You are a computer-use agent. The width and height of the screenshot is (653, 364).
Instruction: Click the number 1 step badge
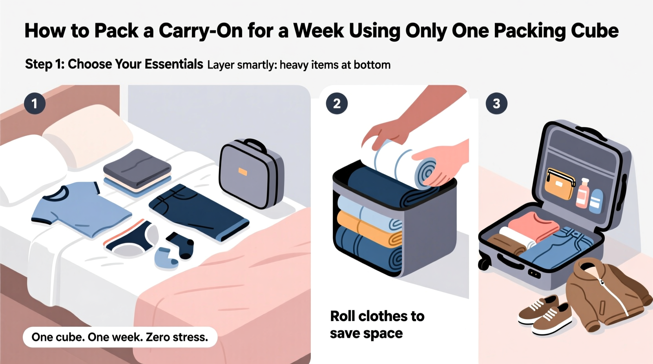[35, 104]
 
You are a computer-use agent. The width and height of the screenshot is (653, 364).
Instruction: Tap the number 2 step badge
[337, 104]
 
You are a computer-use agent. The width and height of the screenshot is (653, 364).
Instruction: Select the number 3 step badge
[496, 104]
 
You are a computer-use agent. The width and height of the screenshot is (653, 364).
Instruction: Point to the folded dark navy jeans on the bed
[198, 212]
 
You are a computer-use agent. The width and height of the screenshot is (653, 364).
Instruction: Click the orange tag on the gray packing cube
[243, 172]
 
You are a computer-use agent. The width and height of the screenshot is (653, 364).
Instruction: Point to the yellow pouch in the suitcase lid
[559, 184]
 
